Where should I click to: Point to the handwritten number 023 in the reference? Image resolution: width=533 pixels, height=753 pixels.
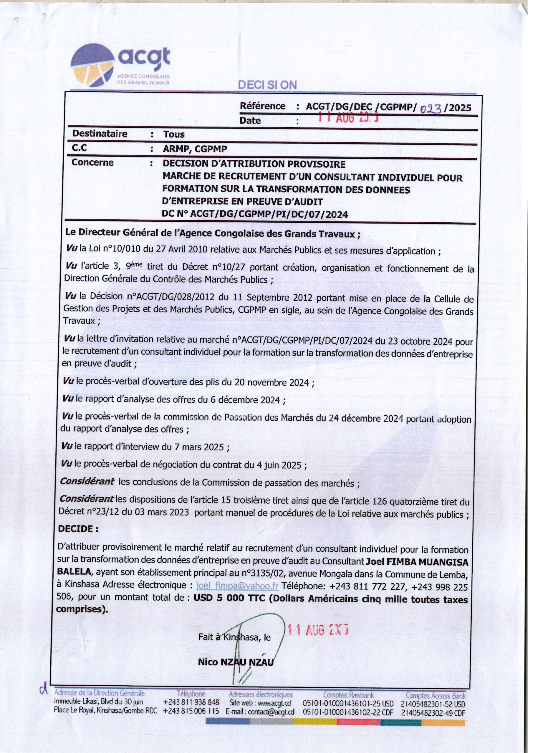tap(431, 108)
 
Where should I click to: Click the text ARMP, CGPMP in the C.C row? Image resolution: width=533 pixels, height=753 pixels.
tap(195, 149)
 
